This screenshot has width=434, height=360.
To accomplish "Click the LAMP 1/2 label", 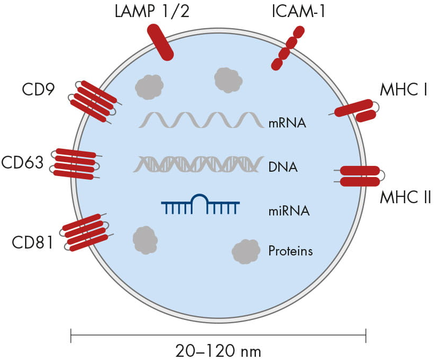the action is (x=152, y=11).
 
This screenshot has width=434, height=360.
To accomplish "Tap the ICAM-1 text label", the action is (x=299, y=11).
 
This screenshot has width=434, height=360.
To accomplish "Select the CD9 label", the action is (x=38, y=90).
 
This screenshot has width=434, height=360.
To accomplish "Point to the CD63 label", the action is (x=22, y=162).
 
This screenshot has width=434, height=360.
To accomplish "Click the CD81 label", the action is (x=33, y=242).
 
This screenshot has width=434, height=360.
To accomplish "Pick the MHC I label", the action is (x=404, y=90).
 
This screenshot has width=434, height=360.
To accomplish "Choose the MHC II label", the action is (x=405, y=197).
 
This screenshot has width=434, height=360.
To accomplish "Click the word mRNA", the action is (x=287, y=123).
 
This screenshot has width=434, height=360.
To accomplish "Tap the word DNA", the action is (x=283, y=167).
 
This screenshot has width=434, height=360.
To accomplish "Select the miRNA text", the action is (x=289, y=211).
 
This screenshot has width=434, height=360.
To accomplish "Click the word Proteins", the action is (x=291, y=251).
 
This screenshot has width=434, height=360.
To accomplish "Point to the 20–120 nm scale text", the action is (x=218, y=351).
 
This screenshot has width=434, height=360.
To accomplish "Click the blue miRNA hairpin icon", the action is (x=200, y=204).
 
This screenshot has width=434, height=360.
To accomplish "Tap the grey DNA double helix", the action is (x=198, y=164).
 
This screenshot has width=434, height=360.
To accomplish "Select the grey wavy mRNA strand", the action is (x=201, y=120).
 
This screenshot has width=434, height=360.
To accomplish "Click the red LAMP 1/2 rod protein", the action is (x=160, y=42).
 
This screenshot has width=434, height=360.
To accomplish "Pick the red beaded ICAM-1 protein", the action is (x=287, y=48).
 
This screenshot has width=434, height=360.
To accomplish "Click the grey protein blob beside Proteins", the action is (x=246, y=251).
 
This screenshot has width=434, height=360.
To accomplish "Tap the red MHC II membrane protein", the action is (x=360, y=176).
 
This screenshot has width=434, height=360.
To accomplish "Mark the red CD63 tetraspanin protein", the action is (x=75, y=164).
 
